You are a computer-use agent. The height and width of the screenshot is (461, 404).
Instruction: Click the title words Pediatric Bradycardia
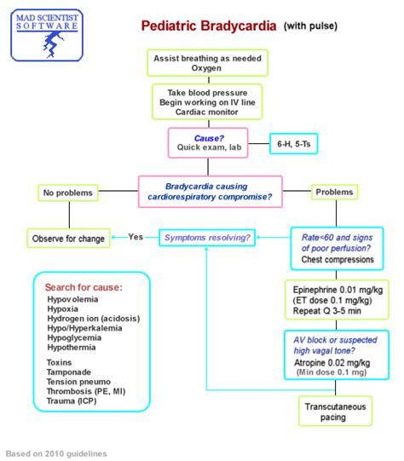click(x=210, y=26)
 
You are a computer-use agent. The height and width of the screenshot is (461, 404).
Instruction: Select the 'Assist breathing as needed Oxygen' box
click(x=210, y=63)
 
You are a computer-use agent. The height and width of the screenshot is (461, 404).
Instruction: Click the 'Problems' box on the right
click(x=334, y=192)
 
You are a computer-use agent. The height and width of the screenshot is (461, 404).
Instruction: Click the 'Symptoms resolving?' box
click(x=207, y=237)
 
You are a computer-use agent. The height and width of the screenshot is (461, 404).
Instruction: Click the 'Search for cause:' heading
click(x=84, y=287)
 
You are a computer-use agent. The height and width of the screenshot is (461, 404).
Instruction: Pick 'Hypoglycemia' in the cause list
click(x=78, y=337)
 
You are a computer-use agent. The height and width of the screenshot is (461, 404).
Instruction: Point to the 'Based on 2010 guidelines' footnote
click(x=56, y=453)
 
